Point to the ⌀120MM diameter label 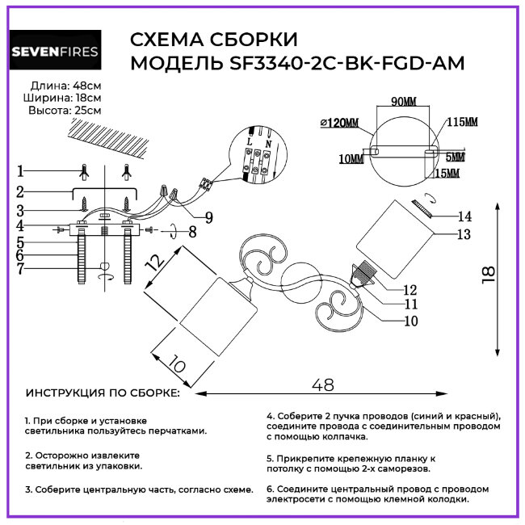pos(338,122)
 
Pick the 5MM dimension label pos(455,156)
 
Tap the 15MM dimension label pos(447,173)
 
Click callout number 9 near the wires pos(209,216)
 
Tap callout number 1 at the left pos(20,170)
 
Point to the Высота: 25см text pos(65,111)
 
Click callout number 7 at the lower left pos(21,267)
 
